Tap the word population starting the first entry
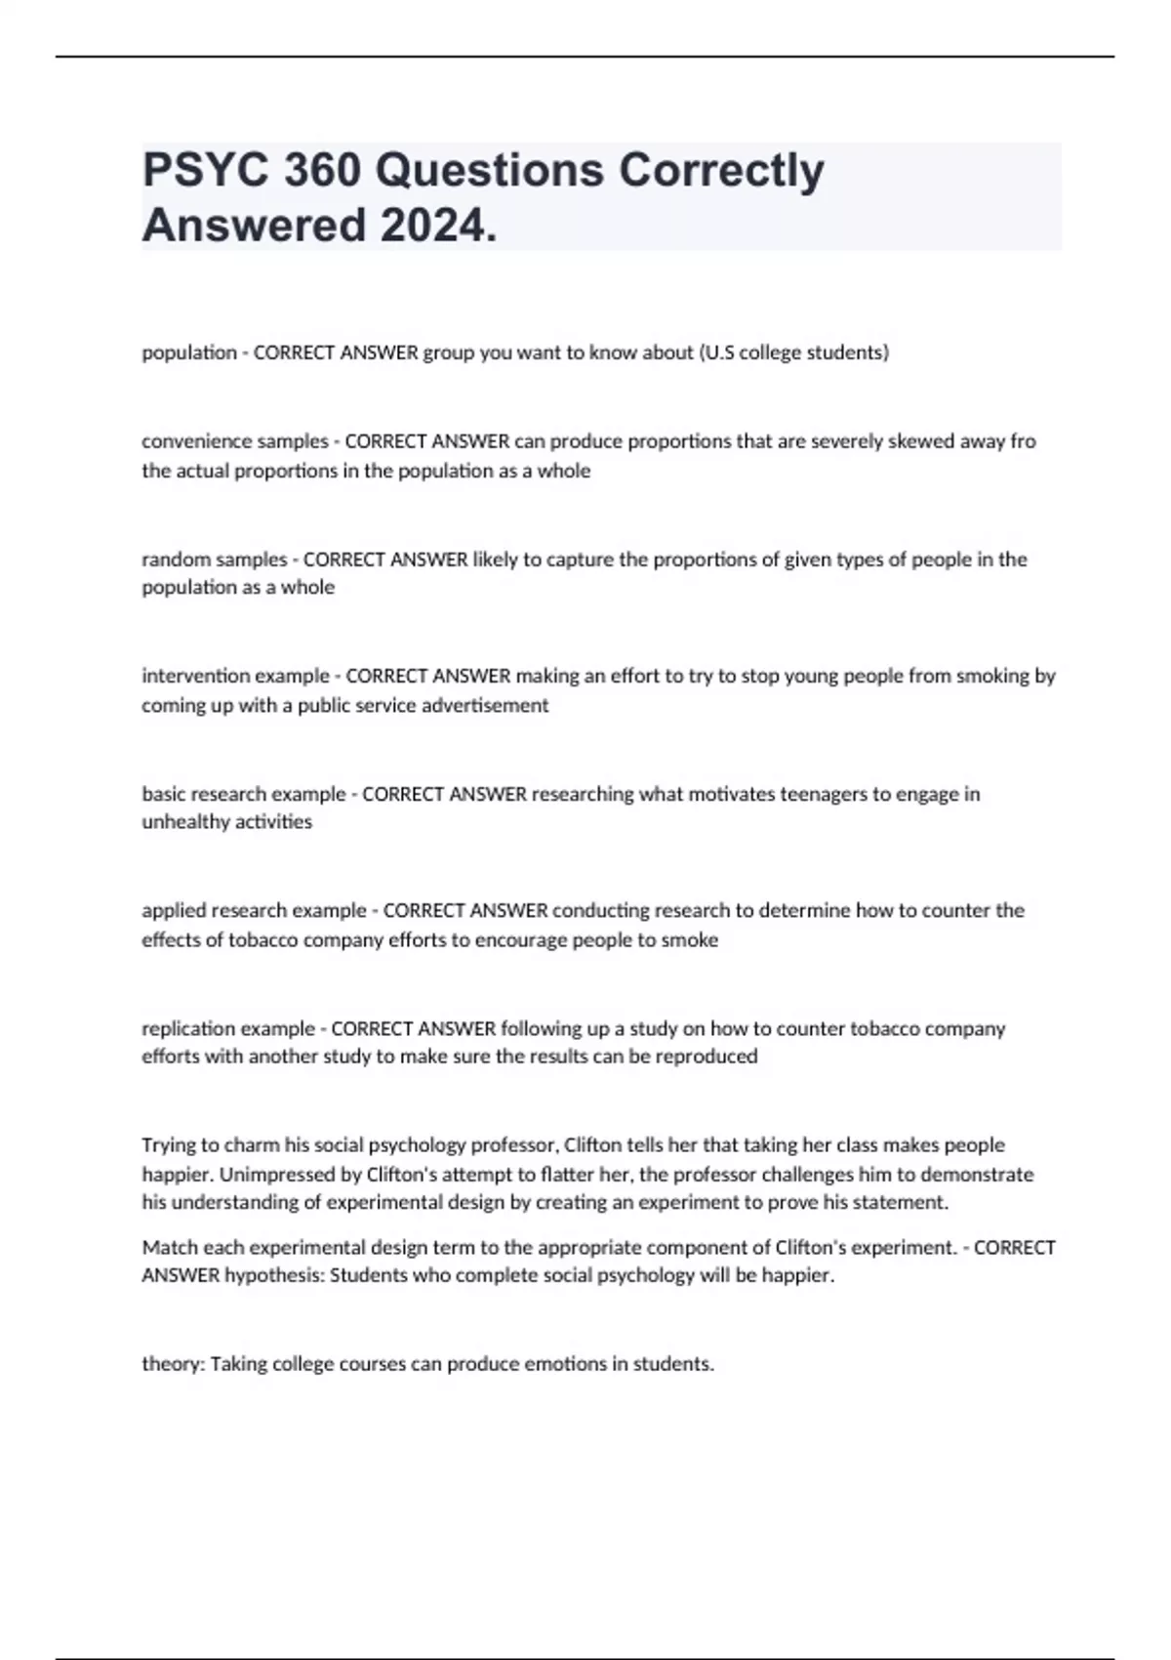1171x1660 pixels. (x=189, y=353)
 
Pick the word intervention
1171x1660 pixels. (x=196, y=676)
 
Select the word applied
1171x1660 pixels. (x=172, y=910)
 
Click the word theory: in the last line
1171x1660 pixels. (x=173, y=1364)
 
